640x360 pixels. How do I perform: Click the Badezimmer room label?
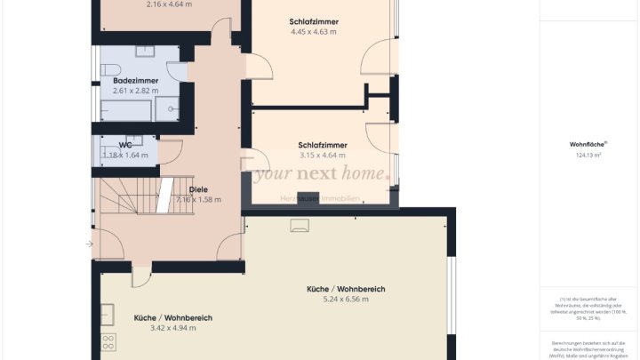[x=135, y=81]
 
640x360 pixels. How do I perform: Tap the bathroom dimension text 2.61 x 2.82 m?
[x=135, y=91]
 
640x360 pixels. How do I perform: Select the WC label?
[x=125, y=145]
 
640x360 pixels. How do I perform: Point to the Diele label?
[x=198, y=189]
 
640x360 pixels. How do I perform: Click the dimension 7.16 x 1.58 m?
[x=198, y=199]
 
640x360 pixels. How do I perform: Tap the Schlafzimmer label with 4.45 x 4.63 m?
[x=314, y=21]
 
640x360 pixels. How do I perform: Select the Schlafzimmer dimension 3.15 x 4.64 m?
[x=323, y=156]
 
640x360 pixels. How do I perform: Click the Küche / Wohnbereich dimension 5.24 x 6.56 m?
[x=345, y=300]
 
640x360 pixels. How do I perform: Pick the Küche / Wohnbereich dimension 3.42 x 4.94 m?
[x=172, y=328]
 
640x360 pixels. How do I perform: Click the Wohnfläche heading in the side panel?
[x=588, y=144]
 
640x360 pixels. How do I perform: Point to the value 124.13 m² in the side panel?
[x=588, y=156]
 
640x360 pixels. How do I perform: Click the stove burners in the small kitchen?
[x=109, y=342]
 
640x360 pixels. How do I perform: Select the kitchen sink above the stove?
[x=108, y=314]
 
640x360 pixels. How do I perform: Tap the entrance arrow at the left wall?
[x=89, y=243]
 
